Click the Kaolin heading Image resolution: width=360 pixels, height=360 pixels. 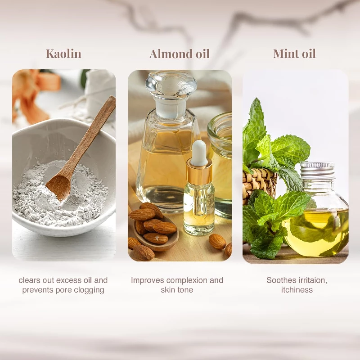pyautogui.click(x=63, y=54)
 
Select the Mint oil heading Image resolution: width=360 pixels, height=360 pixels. pyautogui.click(x=294, y=54)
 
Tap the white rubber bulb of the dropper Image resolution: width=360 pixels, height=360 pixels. pyautogui.click(x=199, y=153)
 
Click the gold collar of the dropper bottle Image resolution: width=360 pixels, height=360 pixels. pyautogui.click(x=199, y=171)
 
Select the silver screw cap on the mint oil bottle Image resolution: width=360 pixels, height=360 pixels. pyautogui.click(x=317, y=171)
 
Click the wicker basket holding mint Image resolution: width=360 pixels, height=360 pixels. pyautogui.click(x=259, y=183)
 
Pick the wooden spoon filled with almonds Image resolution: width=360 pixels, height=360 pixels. pyautogui.click(x=153, y=229)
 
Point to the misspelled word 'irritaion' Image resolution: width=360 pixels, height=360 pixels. pyautogui.click(x=313, y=280)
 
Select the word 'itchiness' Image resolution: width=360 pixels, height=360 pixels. pyautogui.click(x=297, y=290)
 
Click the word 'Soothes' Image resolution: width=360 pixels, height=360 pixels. pyautogui.click(x=281, y=280)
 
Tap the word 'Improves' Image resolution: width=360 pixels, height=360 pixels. pyautogui.click(x=148, y=280)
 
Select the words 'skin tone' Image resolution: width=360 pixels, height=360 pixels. pyautogui.click(x=177, y=290)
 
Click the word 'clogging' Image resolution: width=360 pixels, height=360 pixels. pyautogui.click(x=90, y=290)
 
